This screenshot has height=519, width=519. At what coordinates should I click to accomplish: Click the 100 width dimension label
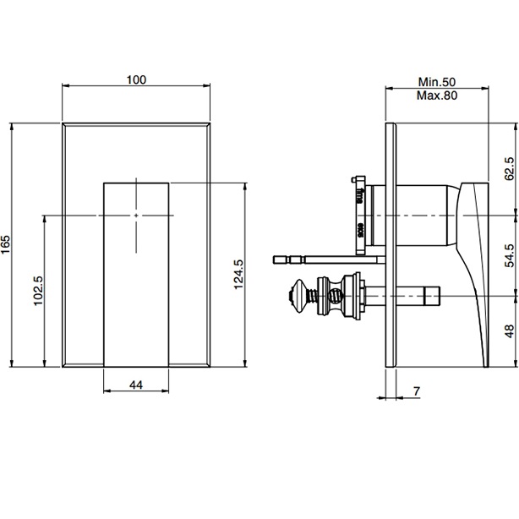[136, 79]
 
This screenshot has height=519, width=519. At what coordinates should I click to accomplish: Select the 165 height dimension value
[8, 246]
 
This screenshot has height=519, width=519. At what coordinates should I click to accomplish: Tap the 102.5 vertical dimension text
[38, 290]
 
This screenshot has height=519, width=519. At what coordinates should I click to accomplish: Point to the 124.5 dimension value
[238, 276]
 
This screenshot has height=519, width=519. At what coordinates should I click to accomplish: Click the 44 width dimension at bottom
[135, 385]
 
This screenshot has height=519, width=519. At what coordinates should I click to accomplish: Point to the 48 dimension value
[508, 331]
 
